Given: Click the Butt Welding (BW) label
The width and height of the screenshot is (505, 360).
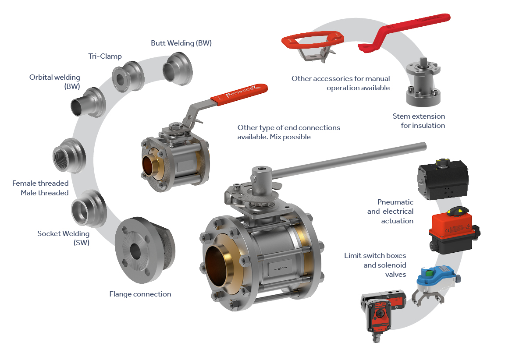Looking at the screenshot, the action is coord(181,43).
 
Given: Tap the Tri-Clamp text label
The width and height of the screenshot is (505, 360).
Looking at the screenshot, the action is coord(105,56).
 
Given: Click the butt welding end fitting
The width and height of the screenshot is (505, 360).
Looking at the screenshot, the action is coord(178,69).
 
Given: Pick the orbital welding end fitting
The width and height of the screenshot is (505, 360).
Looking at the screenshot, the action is coord(89,102).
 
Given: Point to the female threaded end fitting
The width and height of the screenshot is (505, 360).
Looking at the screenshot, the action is coord(69,156).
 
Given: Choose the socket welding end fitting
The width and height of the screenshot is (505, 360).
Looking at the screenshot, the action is coord(89,208).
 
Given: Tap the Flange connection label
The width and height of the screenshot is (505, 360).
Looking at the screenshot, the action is coord(140,294).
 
